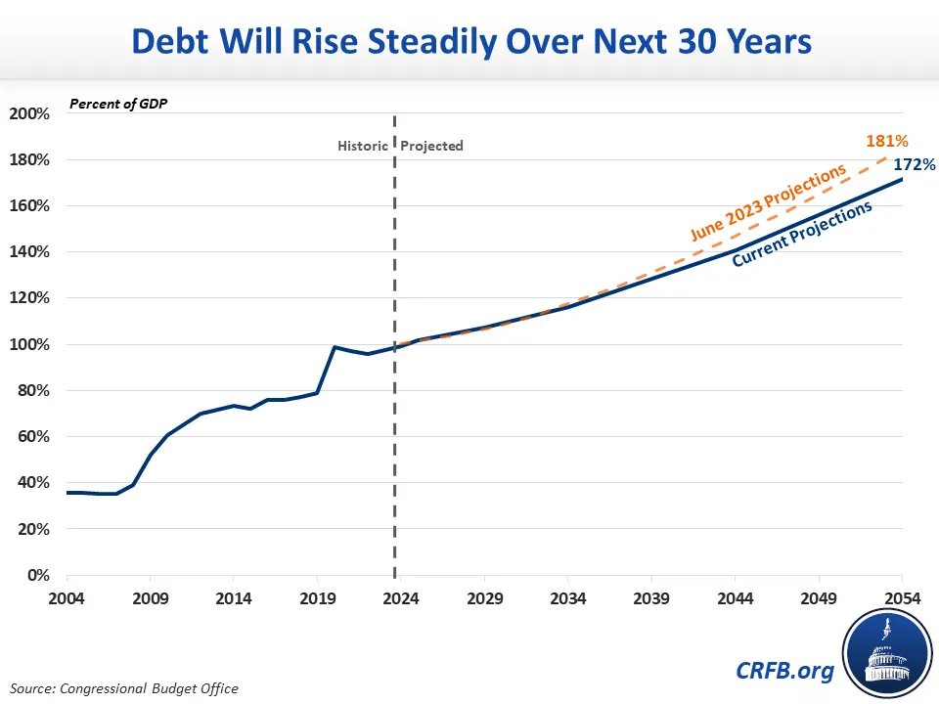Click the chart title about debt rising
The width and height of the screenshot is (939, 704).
pyautogui.click(x=469, y=42)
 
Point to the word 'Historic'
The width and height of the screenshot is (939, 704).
pyautogui.click(x=362, y=146)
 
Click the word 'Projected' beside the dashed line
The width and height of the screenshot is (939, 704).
pyautogui.click(x=432, y=146)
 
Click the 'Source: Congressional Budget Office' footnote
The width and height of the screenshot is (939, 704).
pyautogui.click(x=125, y=688)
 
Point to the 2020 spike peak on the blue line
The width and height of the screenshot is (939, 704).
pyautogui.click(x=335, y=346)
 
